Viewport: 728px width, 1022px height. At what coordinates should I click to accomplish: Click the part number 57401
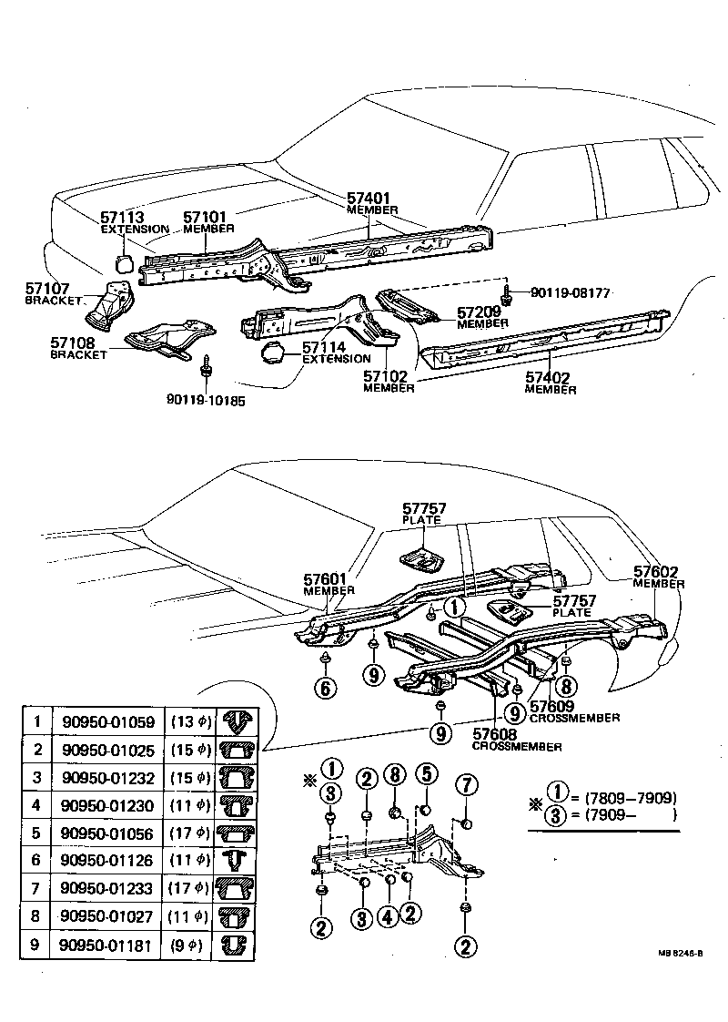tap(368, 198)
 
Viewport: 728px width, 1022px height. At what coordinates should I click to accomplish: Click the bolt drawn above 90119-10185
tap(207, 366)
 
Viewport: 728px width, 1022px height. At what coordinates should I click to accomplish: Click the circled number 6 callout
tap(325, 687)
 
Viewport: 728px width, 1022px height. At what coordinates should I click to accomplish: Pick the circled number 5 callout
tap(424, 776)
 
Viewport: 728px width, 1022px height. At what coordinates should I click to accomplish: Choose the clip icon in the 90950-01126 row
tap(236, 860)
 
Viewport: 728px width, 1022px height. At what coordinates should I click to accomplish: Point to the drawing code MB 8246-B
tap(684, 954)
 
